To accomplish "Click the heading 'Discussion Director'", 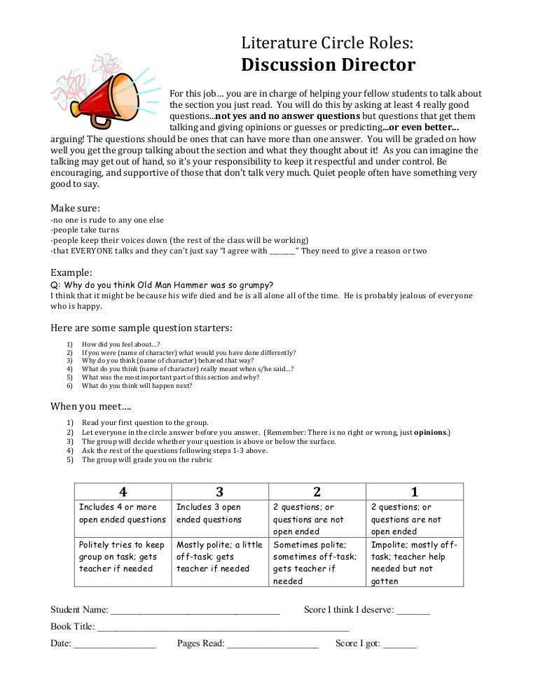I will [328, 66].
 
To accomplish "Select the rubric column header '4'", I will [123, 492].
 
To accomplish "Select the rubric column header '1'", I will [414, 492].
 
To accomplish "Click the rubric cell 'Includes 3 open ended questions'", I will [219, 513].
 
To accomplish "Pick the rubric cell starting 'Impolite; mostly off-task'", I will [414, 562].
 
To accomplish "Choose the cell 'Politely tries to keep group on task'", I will [123, 557].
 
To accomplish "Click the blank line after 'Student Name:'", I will [195, 611].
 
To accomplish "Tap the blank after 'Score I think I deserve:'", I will [413, 611].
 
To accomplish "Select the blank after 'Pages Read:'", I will [273, 644].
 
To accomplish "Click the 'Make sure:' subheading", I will [75, 208].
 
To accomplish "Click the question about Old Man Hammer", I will [162, 285].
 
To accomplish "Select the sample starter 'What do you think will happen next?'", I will [137, 386].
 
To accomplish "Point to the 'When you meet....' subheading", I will [90, 406].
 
